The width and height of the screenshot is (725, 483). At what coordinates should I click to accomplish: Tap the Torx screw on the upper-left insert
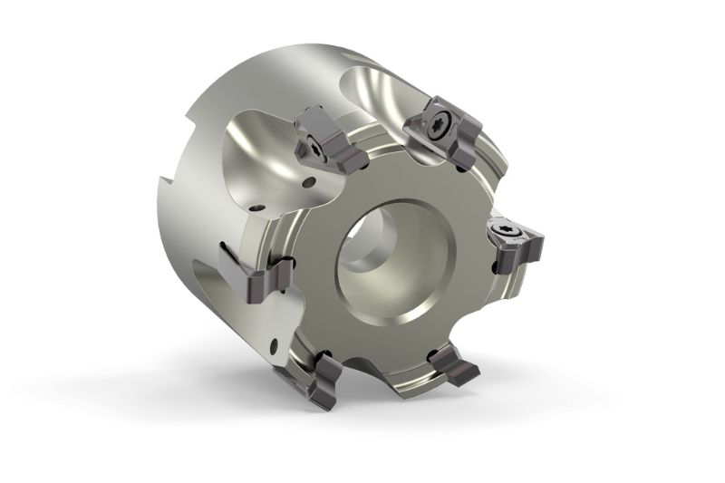coord(312,145)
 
